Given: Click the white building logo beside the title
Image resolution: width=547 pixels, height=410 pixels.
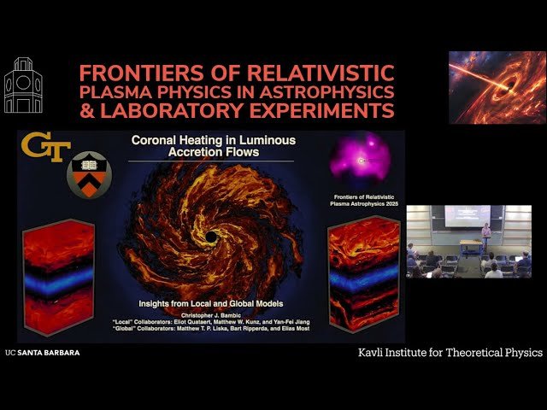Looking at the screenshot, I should pos(23,86).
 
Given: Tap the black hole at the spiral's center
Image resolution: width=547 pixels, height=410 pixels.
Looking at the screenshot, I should pos(210,235).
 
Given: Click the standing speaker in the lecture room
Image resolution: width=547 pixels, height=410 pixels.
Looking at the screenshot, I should pos(485,239).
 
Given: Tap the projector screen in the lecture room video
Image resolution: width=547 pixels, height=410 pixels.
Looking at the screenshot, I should pos(467,216).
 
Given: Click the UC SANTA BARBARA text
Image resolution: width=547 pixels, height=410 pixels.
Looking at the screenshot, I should pos(43,352).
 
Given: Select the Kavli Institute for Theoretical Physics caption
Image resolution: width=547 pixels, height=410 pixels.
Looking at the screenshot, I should pos(450,352).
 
